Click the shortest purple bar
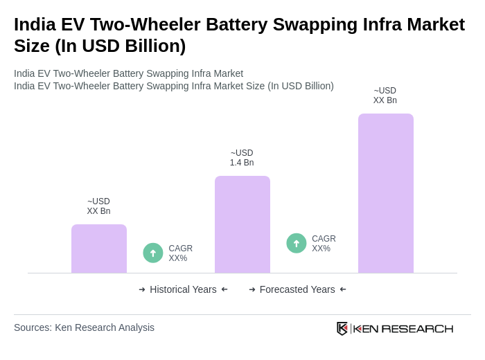[x=99, y=249]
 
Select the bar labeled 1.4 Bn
[x=242, y=224]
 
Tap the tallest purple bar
[x=386, y=193]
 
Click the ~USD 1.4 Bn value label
[x=242, y=158]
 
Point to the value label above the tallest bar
[x=385, y=96]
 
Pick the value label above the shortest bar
[x=98, y=206]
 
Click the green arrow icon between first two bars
[x=153, y=253]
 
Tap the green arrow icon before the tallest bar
[x=297, y=243]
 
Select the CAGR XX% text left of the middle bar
[x=180, y=253]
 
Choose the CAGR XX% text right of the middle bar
[x=324, y=244]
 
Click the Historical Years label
[x=183, y=289]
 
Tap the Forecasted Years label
[x=297, y=289]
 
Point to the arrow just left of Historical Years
[x=142, y=289]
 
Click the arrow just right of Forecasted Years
[x=343, y=289]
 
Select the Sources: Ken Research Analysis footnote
[x=84, y=327]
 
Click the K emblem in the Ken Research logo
[x=342, y=328]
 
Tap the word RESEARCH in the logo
[x=417, y=328]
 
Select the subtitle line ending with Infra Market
[x=128, y=73]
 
